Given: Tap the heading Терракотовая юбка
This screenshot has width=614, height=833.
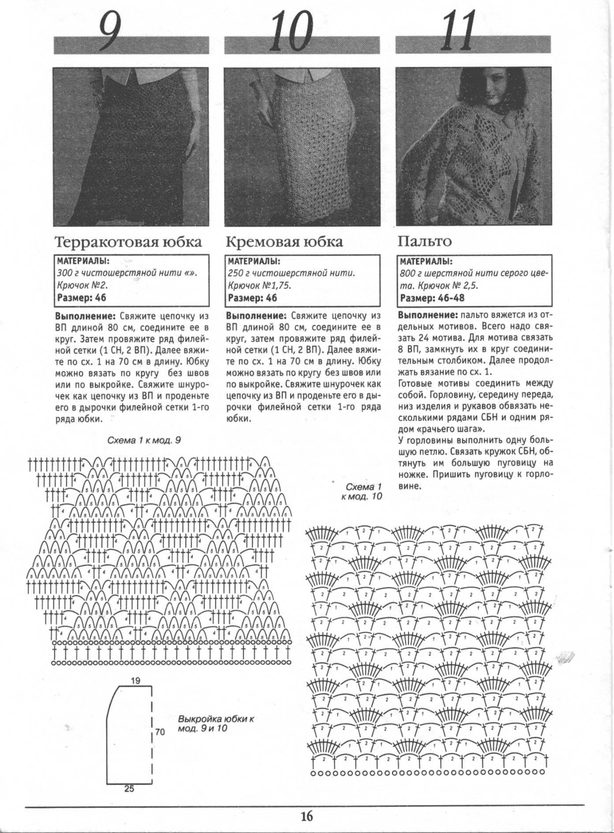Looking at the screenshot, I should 128,242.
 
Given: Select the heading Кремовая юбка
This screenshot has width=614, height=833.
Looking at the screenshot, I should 284,242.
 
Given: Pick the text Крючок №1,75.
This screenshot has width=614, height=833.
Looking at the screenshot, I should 259,285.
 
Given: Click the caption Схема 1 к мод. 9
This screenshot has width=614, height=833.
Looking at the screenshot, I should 144,440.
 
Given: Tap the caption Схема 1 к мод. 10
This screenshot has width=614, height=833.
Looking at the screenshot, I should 363,492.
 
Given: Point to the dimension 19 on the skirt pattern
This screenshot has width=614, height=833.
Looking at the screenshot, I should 136,680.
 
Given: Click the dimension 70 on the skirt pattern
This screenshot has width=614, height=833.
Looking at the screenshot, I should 160,732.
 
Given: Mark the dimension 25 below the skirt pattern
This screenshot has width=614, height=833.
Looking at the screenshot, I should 129,789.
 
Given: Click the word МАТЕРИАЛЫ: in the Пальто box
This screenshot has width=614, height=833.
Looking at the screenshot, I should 426,261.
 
